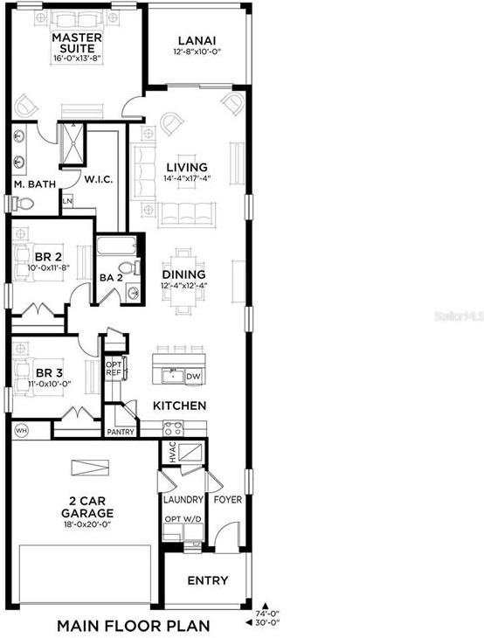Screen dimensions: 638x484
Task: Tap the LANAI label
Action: click(x=197, y=40)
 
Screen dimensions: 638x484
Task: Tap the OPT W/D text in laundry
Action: click(x=183, y=519)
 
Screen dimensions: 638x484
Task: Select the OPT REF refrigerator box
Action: click(x=114, y=368)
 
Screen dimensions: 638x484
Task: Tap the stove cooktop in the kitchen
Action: click(x=172, y=428)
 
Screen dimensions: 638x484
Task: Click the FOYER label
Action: click(x=228, y=500)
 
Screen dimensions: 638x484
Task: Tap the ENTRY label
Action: click(x=208, y=580)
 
